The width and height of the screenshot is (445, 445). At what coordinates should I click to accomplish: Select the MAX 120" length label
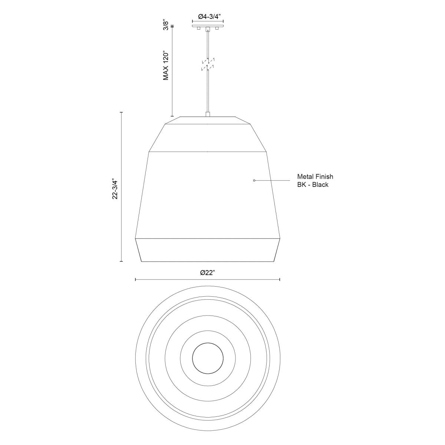pyautogui.click(x=167, y=65)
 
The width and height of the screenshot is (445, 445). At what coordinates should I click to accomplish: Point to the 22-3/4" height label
pyautogui.click(x=115, y=190)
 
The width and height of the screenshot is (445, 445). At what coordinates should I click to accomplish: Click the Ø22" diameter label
pyautogui.click(x=208, y=273)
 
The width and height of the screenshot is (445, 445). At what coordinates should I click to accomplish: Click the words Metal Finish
pyautogui.click(x=315, y=177)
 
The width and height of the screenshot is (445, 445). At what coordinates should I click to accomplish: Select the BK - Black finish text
pyautogui.click(x=313, y=185)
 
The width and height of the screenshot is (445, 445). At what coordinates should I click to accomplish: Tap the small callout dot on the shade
pyautogui.click(x=254, y=181)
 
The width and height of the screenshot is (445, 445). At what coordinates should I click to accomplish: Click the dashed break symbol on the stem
pyautogui.click(x=208, y=64)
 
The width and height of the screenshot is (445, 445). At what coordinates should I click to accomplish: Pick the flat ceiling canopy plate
pyautogui.click(x=208, y=26)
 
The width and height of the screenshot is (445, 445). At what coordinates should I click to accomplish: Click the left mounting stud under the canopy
pyautogui.click(x=199, y=29)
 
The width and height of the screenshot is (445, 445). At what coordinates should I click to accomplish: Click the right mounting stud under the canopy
pyautogui.click(x=217, y=29)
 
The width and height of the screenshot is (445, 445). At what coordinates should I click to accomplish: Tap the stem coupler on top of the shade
pyautogui.click(x=208, y=114)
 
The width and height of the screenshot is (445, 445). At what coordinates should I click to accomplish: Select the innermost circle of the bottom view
pyautogui.click(x=208, y=359)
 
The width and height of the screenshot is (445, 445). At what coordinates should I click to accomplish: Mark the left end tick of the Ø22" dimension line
pyautogui.click(x=136, y=280)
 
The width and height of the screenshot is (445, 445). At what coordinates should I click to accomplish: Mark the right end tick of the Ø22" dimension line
pyautogui.click(x=280, y=280)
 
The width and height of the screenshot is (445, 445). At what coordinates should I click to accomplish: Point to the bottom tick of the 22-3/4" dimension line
pyautogui.click(x=121, y=261)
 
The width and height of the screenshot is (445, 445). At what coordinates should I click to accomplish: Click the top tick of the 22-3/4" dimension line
pyautogui.click(x=121, y=112)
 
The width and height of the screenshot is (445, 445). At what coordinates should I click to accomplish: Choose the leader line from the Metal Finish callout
pyautogui.click(x=273, y=181)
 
